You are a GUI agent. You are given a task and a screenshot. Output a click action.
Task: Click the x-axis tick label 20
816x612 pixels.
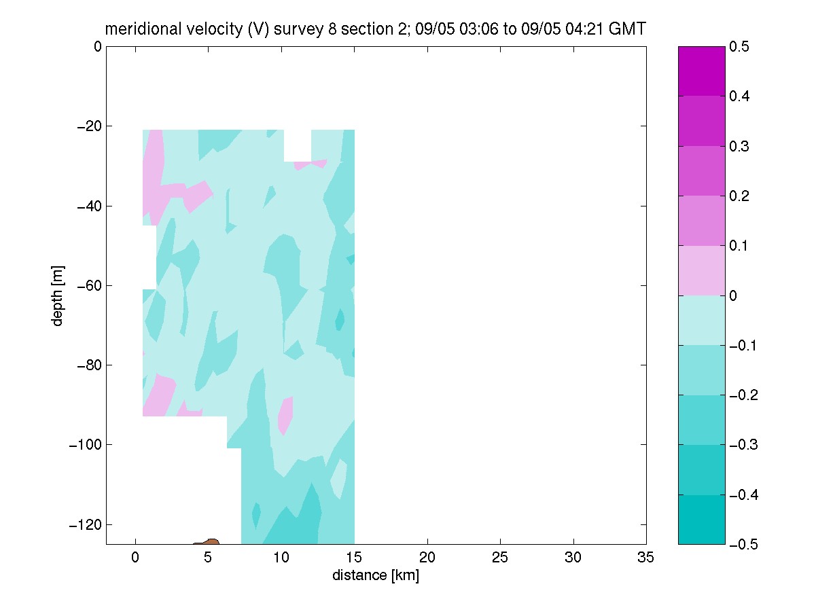click(x=427, y=558)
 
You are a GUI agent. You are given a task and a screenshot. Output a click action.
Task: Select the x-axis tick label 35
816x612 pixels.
click(x=645, y=558)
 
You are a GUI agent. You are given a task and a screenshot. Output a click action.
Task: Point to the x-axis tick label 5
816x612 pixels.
click(x=208, y=558)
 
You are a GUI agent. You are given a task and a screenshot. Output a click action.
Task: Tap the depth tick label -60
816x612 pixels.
click(x=89, y=286)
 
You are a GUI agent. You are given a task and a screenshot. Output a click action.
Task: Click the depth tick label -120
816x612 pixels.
click(x=86, y=524)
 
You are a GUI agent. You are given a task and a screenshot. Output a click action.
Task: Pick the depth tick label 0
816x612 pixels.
click(x=98, y=47)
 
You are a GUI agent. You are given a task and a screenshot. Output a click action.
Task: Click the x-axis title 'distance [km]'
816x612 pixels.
click(x=376, y=575)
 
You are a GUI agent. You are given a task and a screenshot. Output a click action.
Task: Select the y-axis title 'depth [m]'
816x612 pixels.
click(x=57, y=295)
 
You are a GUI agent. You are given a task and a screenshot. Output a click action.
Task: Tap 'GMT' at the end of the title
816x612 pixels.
click(x=627, y=29)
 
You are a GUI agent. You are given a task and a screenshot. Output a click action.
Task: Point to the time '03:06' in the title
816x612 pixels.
click(x=478, y=29)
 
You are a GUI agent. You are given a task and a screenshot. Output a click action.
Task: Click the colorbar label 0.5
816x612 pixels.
click(x=739, y=47)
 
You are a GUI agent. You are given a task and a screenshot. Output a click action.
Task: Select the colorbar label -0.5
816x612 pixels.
click(x=743, y=544)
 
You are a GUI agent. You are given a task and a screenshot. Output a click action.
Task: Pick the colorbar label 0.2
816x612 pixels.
click(x=739, y=196)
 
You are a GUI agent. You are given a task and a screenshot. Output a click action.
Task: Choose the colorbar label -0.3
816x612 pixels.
click(x=743, y=444)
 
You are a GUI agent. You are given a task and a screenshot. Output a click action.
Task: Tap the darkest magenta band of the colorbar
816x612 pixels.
click(x=701, y=71)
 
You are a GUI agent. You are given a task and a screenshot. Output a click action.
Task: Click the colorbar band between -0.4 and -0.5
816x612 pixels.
click(x=701, y=520)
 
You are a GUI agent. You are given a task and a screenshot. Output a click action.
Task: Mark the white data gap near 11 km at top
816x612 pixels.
click(x=298, y=145)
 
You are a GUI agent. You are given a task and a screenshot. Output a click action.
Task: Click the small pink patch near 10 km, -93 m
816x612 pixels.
click(x=285, y=416)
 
